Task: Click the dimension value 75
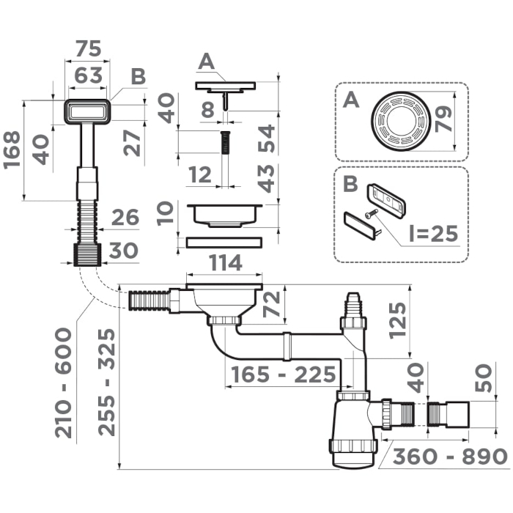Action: pos(88,48)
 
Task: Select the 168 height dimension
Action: pos(12,150)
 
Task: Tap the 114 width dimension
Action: pos(226,262)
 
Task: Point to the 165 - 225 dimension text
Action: pos(284,374)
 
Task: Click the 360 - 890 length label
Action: pos(450,456)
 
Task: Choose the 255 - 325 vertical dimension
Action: pos(107,382)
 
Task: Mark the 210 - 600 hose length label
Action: pos(63,383)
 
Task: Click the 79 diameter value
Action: pos(443,119)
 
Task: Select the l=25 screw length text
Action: pos(433,234)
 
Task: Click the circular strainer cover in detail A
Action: pos(401,122)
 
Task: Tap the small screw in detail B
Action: pos(372,213)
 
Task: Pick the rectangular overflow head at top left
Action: pos(87,111)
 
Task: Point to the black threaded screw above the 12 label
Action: pos(225,142)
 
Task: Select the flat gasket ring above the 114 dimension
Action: pos(224,243)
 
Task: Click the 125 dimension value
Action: pos(397,321)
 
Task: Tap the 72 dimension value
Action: pos(272,304)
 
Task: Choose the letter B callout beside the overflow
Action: pos(139,76)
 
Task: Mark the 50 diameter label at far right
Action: pos(483,378)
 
